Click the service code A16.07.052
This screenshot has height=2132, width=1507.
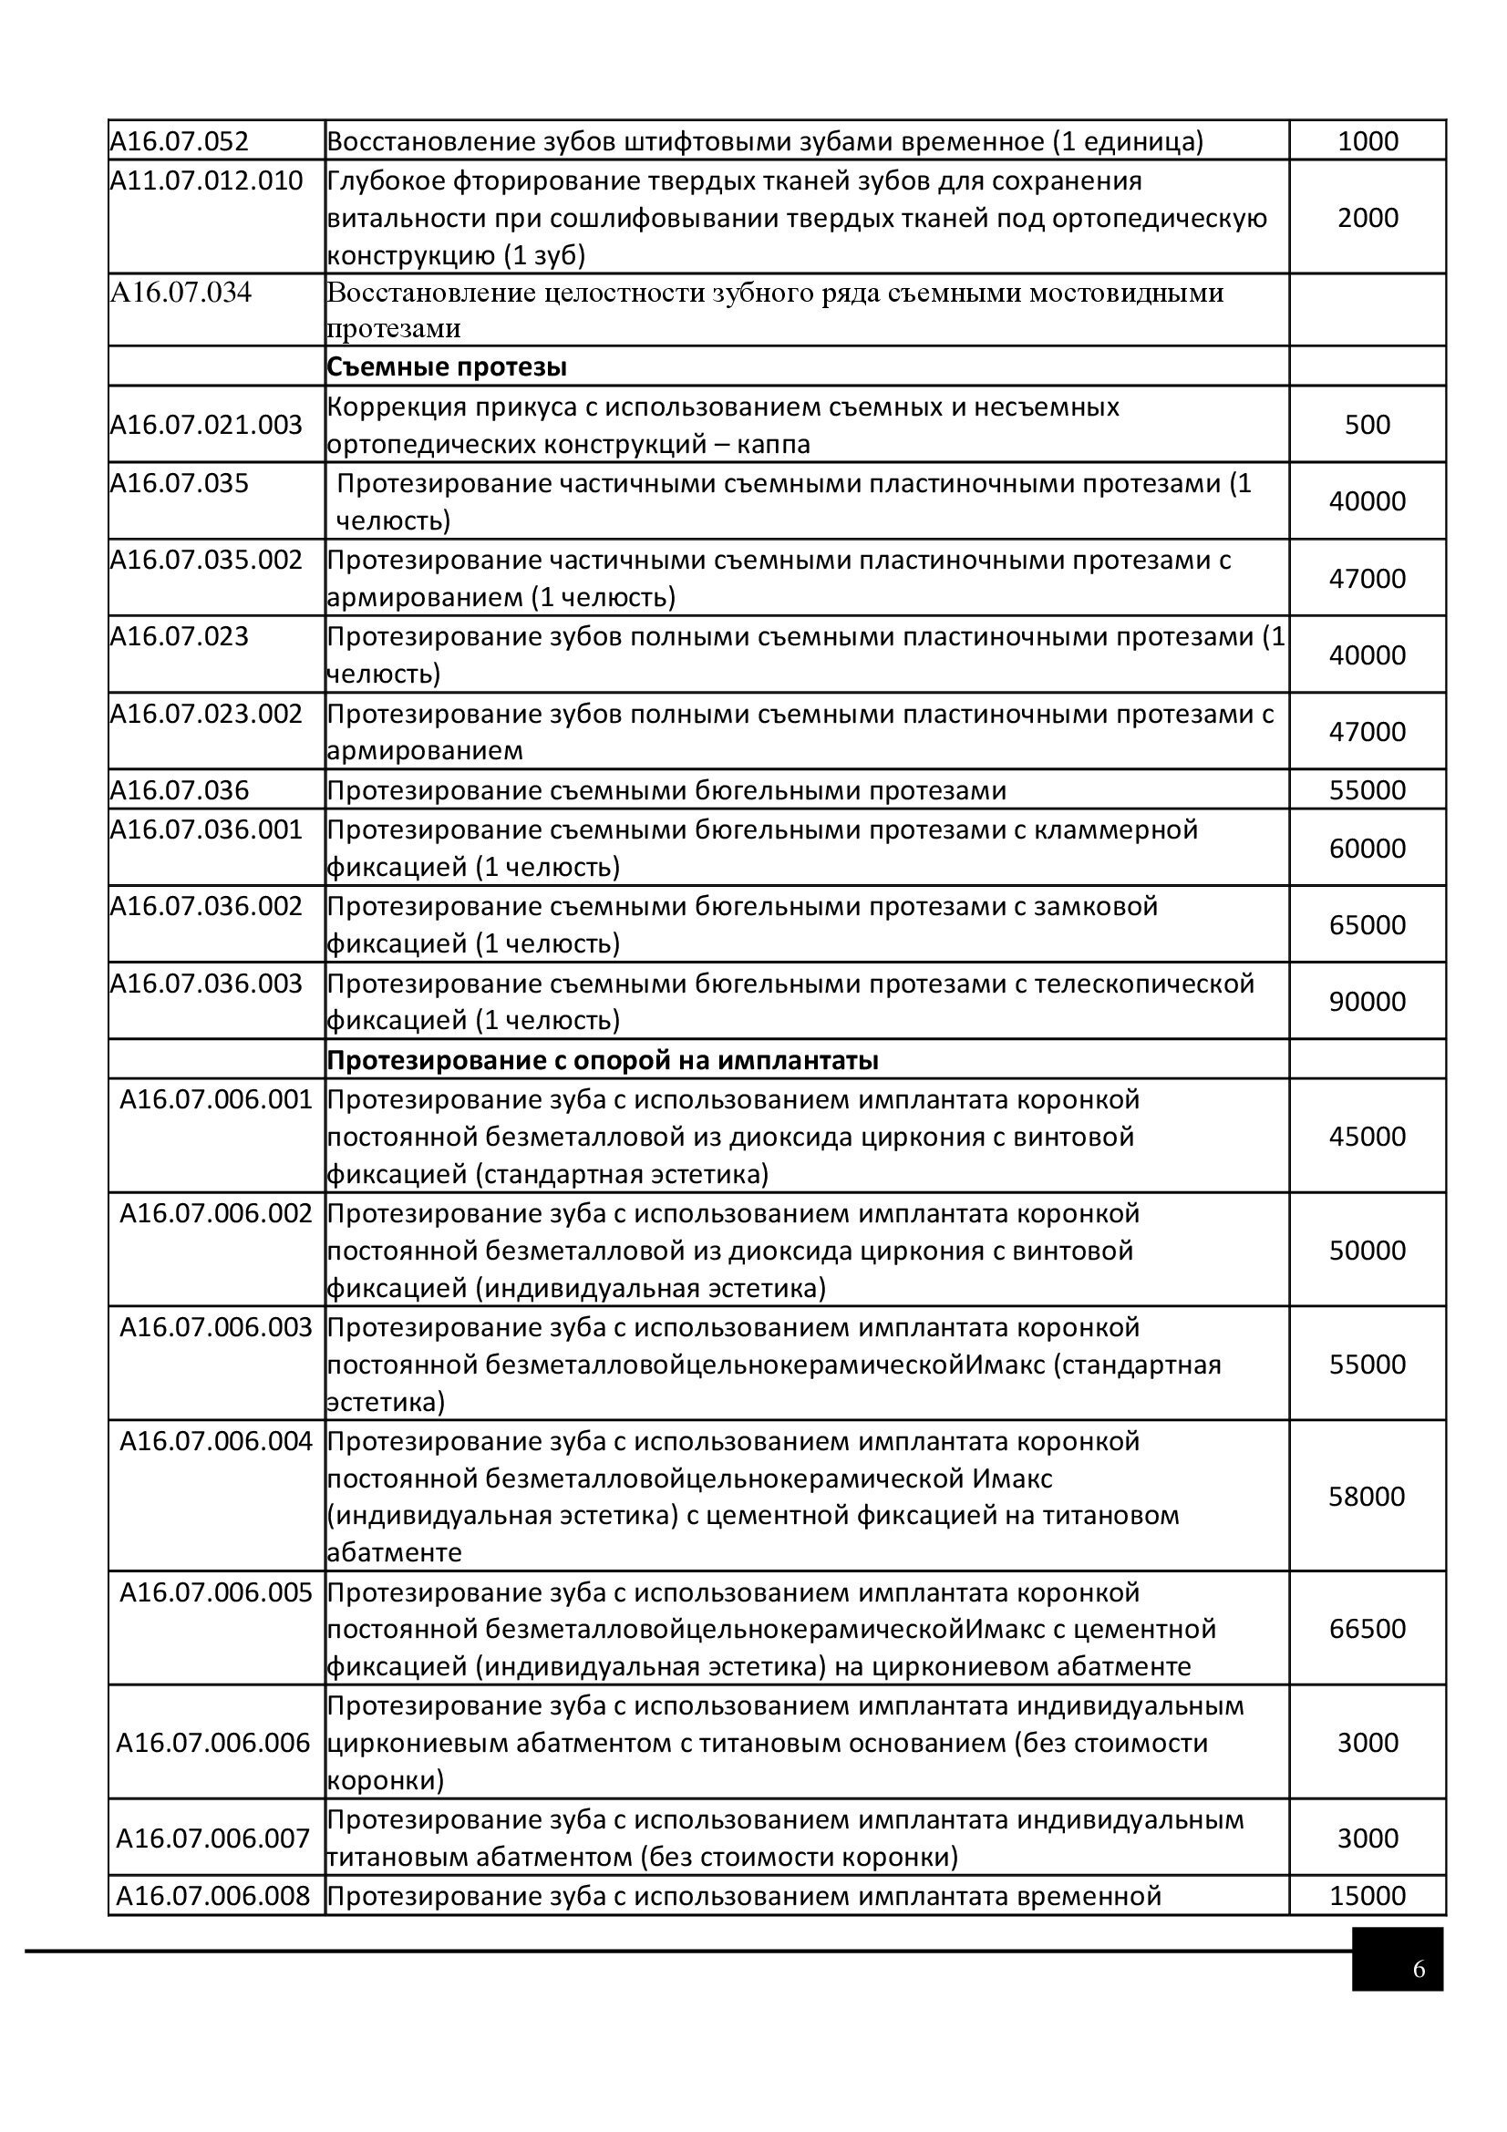[x=181, y=141]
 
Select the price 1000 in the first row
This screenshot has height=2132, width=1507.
[x=1367, y=141]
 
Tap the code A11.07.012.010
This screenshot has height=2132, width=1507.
[x=206, y=180]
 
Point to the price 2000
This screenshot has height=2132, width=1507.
[x=1367, y=217]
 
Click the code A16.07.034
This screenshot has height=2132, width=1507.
[x=181, y=293]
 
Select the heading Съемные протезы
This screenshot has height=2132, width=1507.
[x=447, y=366]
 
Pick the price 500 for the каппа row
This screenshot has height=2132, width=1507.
[x=1367, y=425]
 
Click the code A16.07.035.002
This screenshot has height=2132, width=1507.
[x=206, y=560]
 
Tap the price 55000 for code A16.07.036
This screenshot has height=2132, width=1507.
[x=1367, y=790]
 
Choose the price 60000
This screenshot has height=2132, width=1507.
[x=1367, y=848]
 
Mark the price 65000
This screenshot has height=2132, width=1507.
[x=1367, y=925]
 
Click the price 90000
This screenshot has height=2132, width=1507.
[x=1367, y=1001]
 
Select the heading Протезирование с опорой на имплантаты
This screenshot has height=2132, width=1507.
[x=603, y=1059]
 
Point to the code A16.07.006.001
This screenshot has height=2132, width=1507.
[x=215, y=1099]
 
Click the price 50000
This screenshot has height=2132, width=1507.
[x=1367, y=1250]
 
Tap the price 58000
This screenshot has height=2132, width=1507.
[x=1367, y=1496]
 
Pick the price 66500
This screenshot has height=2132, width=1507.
[x=1367, y=1628]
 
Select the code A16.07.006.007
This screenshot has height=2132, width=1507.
[x=212, y=1838]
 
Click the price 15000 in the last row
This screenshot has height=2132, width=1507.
[x=1367, y=1895]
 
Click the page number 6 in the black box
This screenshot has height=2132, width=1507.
[x=1418, y=1969]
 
